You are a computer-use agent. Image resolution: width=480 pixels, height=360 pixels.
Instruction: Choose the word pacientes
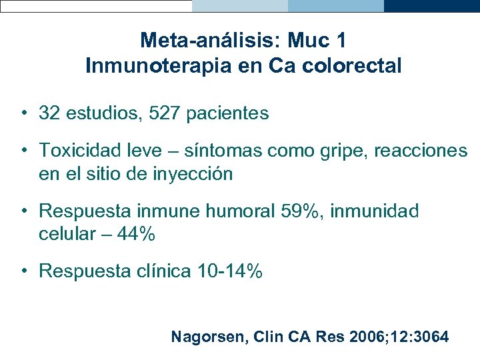click(228, 113)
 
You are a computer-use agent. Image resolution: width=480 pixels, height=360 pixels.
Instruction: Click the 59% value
click(299, 211)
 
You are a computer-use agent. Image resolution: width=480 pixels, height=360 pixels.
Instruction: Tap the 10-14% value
click(229, 271)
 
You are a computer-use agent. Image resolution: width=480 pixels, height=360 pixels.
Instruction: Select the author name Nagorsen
click(209, 337)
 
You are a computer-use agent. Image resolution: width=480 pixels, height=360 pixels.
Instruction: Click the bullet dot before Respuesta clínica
click(23, 271)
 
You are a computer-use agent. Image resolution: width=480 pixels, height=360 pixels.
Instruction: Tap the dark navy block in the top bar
click(432, 6)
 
